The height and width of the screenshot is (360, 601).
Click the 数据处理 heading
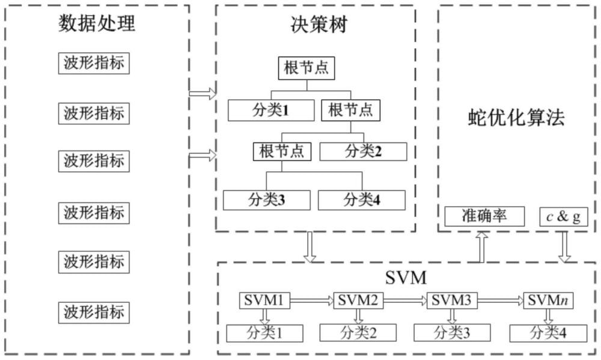(96, 24)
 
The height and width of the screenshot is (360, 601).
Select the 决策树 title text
(316, 25)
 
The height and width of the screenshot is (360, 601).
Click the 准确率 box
(484, 216)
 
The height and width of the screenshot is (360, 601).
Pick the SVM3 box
(451, 300)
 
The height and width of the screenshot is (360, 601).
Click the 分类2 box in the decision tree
(363, 151)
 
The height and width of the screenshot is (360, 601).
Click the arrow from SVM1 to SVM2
(311, 300)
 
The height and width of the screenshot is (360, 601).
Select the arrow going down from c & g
(566, 246)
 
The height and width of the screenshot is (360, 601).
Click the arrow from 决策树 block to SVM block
(310, 246)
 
